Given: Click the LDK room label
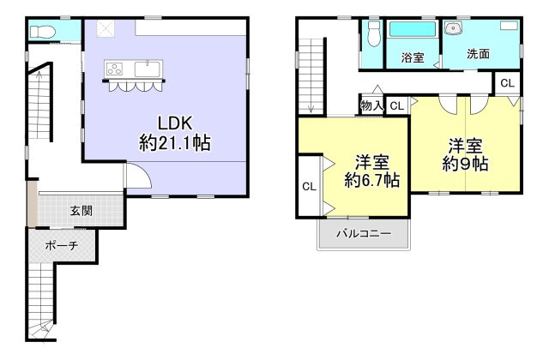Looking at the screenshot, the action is [x=175, y=123].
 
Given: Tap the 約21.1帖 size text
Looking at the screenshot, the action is [x=175, y=143].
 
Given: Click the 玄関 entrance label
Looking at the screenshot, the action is [x=81, y=211].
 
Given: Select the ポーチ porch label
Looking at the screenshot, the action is [x=62, y=246].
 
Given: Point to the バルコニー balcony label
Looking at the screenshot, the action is [x=364, y=233].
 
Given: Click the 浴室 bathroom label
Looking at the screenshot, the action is [x=413, y=57].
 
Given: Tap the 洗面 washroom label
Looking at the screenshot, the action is [x=478, y=54].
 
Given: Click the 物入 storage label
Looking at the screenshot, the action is [x=371, y=105].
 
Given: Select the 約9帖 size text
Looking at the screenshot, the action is [x=465, y=164].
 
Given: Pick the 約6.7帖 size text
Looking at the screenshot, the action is [x=371, y=180].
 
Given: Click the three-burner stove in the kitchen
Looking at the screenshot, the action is [x=114, y=69].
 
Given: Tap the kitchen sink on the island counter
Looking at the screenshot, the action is [x=148, y=69].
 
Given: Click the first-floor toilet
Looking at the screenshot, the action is [x=43, y=33].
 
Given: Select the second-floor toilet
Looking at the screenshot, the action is [x=374, y=33].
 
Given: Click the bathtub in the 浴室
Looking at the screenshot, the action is [x=413, y=29].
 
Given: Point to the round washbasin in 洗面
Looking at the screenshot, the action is [x=454, y=28].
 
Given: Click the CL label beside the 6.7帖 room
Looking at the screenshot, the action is [x=309, y=187].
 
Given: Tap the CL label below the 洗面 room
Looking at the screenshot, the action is [x=507, y=83].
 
